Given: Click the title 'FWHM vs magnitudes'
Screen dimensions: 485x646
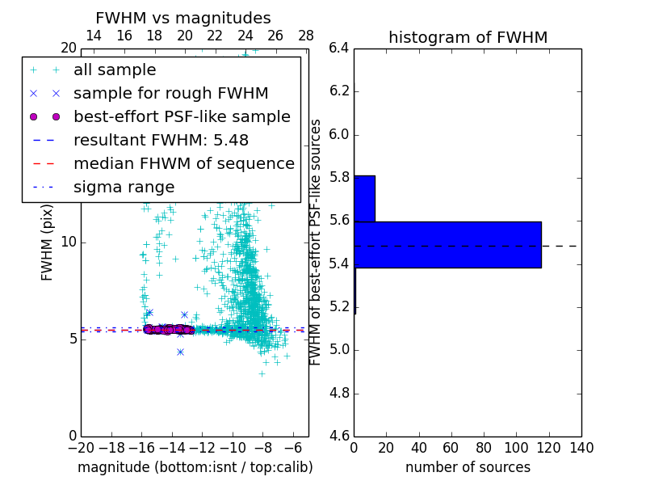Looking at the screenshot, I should (183, 18).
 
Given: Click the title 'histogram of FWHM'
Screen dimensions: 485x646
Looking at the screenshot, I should (468, 37).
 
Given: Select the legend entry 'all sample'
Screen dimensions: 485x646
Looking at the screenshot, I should (115, 70).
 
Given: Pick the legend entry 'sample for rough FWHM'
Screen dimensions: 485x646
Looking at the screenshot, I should (170, 93).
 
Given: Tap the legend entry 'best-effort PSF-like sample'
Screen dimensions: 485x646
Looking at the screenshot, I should (182, 116).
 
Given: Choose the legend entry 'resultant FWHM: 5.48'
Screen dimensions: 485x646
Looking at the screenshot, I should (161, 140).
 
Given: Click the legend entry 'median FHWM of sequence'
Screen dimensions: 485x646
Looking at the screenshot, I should (183, 163).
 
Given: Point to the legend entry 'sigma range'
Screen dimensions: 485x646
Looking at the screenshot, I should (124, 187).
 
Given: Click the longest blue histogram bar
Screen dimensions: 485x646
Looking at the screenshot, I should (447, 244).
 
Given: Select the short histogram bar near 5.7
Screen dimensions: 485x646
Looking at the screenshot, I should (364, 198).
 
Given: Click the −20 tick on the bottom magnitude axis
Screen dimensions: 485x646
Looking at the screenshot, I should (81, 447).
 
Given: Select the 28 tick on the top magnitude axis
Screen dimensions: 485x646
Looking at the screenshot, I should (306, 36).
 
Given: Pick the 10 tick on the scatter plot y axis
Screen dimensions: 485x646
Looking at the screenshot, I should (69, 242).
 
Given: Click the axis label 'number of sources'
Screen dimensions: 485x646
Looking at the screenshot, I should (468, 467).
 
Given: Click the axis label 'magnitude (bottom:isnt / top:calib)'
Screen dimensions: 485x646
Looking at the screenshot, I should (195, 467).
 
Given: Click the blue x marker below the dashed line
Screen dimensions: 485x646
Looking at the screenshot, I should (180, 352).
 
